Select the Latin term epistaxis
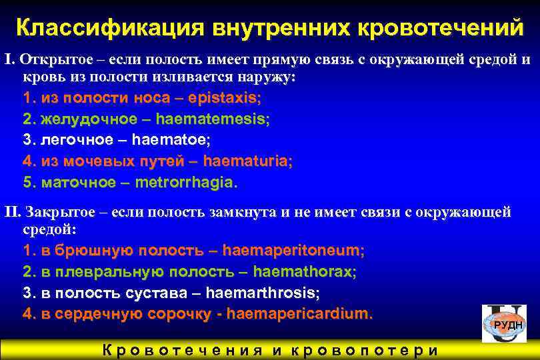[223, 98]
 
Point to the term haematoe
[170, 140]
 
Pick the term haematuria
[246, 161]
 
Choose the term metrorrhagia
[184, 182]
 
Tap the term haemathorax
[303, 271]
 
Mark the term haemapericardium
[298, 313]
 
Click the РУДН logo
[507, 324]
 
